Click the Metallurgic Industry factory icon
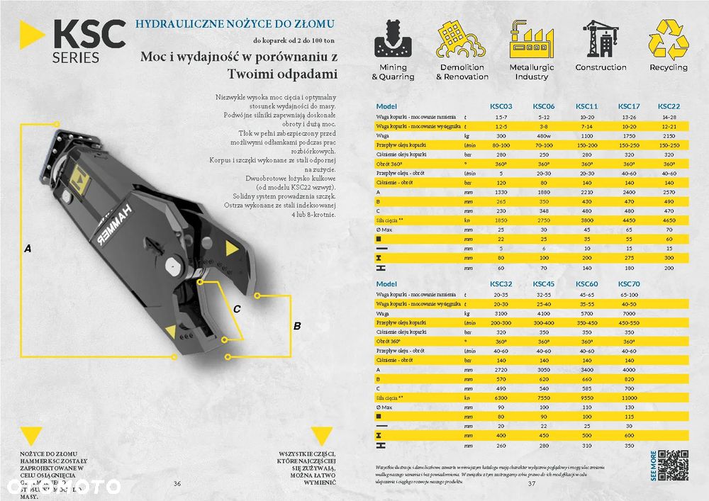point(531,39)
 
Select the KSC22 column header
point(669,106)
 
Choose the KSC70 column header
point(629,284)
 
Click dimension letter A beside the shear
point(28,249)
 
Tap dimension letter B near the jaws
point(297,326)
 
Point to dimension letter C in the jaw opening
point(237,308)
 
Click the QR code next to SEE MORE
point(674,466)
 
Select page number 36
point(177,483)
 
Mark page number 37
point(532,483)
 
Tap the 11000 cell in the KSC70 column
point(629,399)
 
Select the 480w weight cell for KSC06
point(544,134)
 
